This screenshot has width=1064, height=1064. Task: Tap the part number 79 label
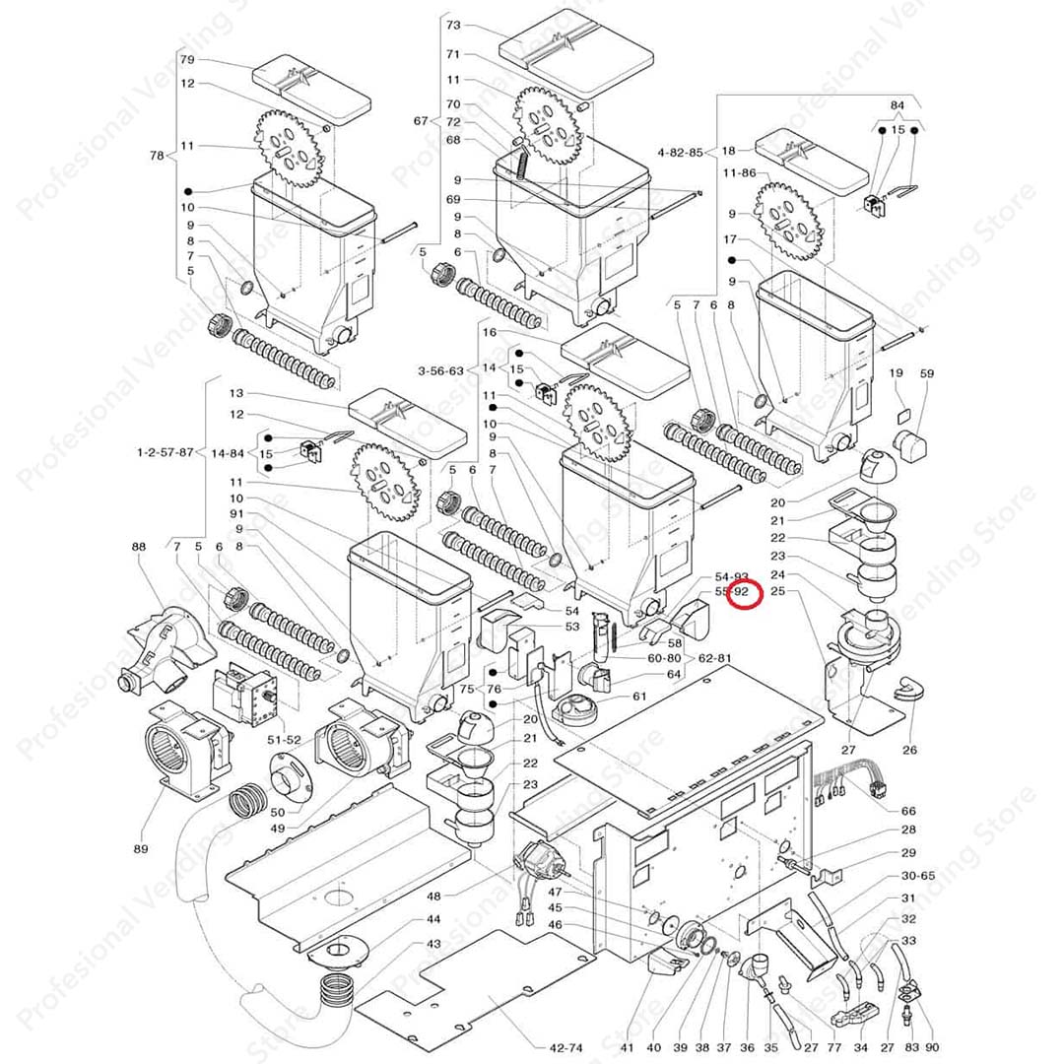187,60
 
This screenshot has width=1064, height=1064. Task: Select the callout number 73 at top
453,24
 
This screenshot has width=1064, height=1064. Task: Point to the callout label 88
138,547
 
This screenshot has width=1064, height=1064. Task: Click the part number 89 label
141,848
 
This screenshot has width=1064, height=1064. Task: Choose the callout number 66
908,811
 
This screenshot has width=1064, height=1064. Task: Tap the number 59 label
926,374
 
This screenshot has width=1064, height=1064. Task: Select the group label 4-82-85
681,152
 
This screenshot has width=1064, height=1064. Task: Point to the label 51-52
285,739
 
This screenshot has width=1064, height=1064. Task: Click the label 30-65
917,875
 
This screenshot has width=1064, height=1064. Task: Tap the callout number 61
640,697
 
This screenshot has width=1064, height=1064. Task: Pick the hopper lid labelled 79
311,89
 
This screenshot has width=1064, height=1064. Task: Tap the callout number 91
236,513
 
